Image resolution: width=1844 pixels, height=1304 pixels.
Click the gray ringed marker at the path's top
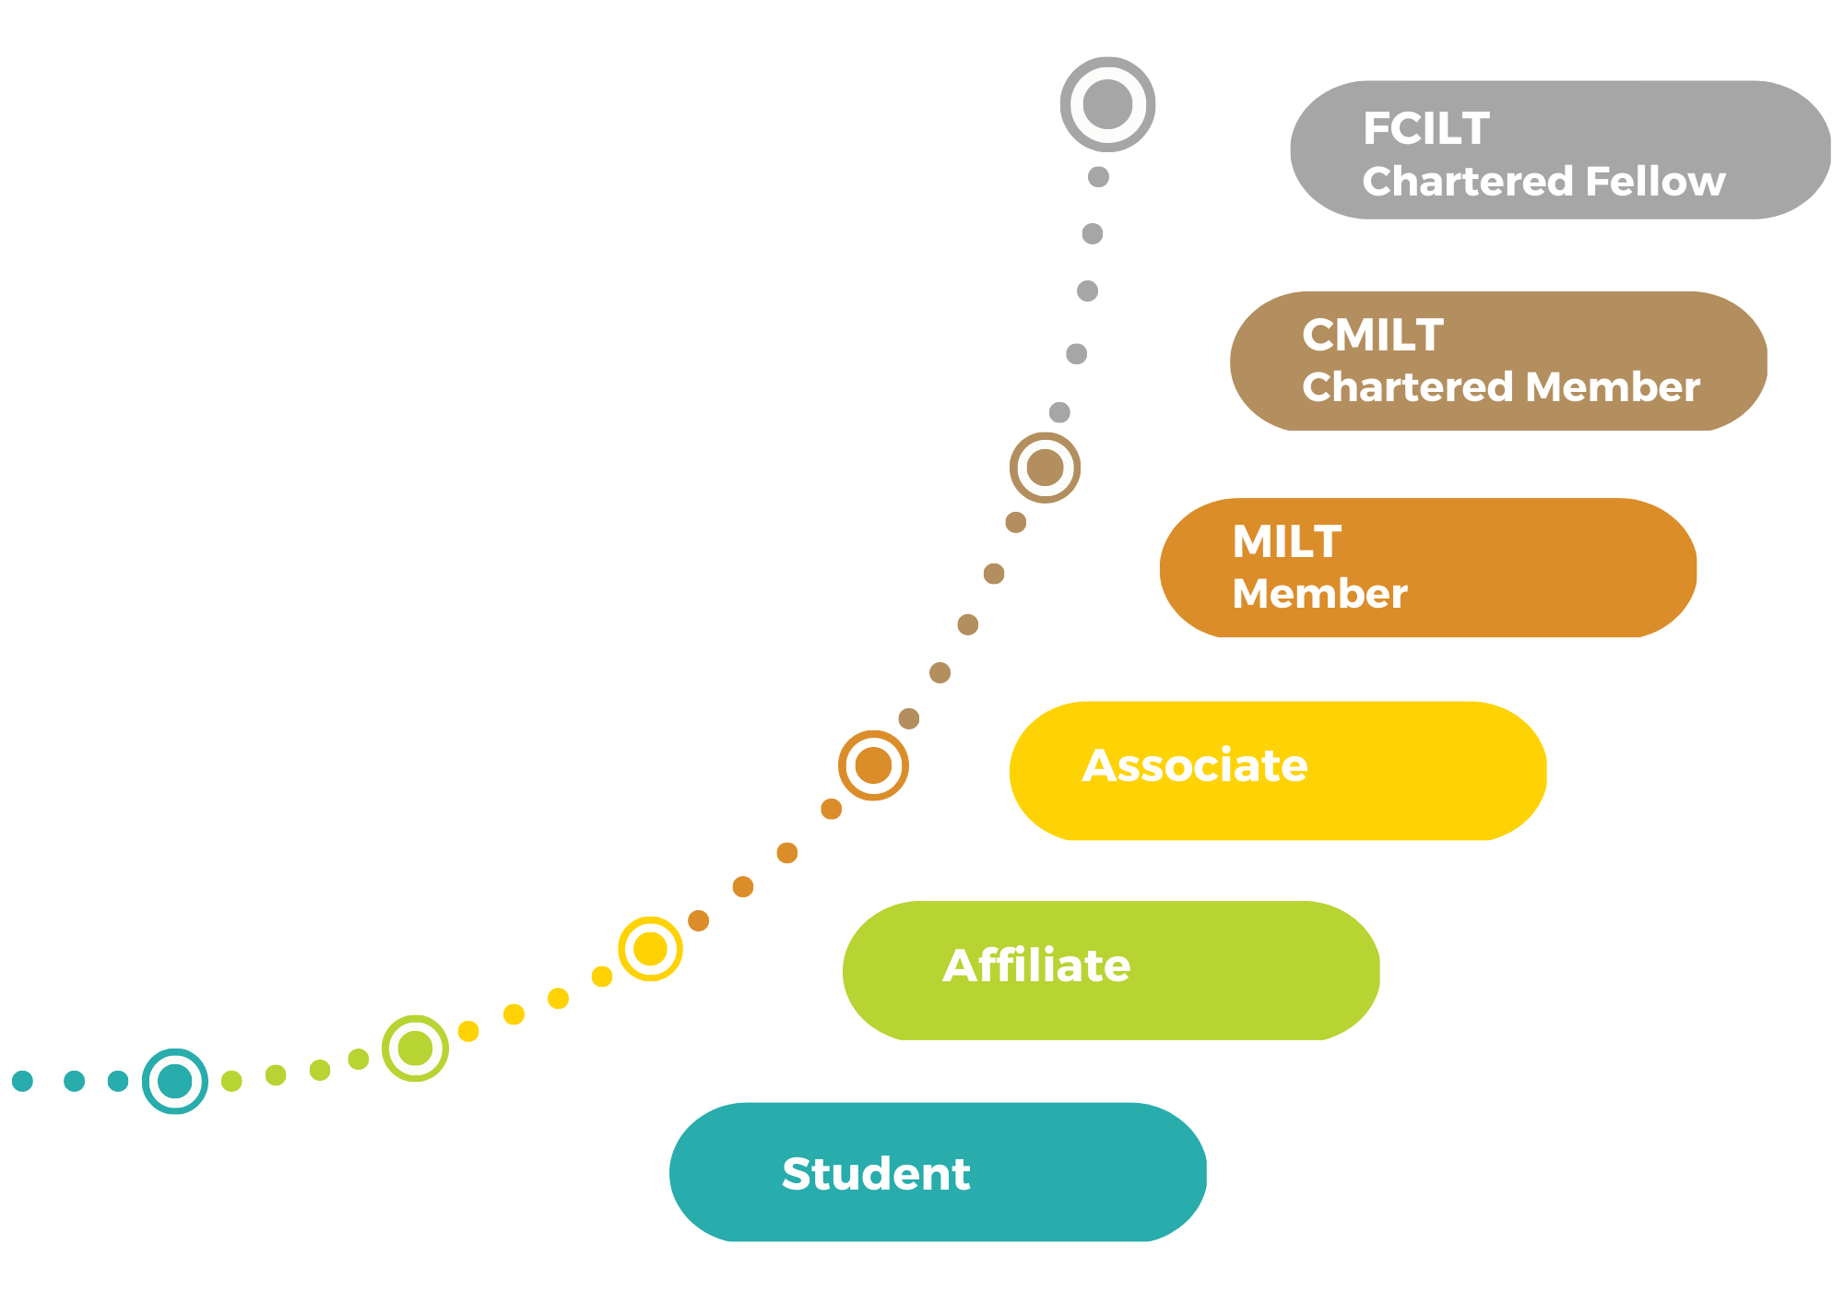(1107, 104)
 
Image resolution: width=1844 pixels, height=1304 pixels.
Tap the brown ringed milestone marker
(1045, 468)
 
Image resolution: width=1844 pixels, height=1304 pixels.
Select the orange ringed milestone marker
(873, 765)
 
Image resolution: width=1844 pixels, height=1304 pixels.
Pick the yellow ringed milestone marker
(650, 949)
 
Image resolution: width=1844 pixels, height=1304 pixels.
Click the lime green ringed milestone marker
(415, 1049)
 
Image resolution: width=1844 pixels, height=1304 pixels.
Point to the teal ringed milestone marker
(175, 1081)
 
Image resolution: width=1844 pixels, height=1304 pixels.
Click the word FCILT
(1425, 129)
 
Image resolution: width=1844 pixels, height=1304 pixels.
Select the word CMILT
(1372, 335)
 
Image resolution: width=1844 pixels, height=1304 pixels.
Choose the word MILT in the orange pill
(1286, 541)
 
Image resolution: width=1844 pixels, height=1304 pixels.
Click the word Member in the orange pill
(1319, 594)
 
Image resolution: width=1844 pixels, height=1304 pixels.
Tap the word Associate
(1194, 765)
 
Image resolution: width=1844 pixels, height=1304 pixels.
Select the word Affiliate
(1036, 966)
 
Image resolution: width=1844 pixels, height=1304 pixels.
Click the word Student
(876, 1174)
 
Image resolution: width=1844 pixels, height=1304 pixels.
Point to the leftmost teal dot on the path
(23, 1081)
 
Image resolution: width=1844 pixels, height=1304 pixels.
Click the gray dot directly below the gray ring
(1098, 177)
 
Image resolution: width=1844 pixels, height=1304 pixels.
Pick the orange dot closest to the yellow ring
(699, 920)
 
